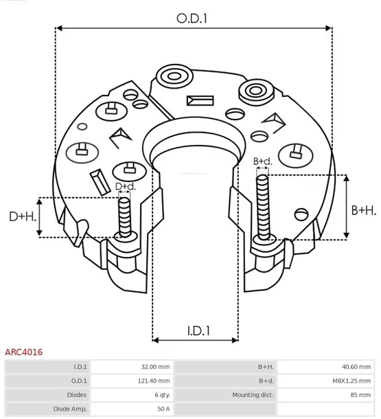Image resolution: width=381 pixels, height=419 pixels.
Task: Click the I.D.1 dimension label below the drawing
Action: [x=198, y=330]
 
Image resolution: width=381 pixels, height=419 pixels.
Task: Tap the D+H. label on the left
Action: [x=22, y=216]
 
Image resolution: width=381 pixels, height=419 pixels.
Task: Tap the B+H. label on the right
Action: [x=363, y=209]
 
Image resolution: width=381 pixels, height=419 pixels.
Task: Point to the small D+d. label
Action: [x=124, y=186]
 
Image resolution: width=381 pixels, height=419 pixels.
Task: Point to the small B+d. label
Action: [x=262, y=161]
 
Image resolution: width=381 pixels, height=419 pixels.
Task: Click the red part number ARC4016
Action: [x=24, y=352]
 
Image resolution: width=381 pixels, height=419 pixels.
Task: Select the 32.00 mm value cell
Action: [x=154, y=367]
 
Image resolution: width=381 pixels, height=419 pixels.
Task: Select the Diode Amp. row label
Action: [x=70, y=409]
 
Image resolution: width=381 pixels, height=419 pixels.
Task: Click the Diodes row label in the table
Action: [x=76, y=395]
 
